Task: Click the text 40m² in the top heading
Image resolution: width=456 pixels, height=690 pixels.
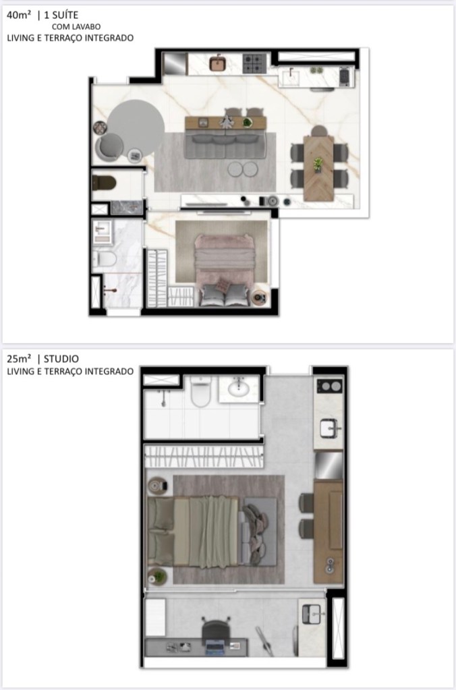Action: [x=19, y=15]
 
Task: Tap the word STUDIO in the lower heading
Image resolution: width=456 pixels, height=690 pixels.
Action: [x=61, y=359]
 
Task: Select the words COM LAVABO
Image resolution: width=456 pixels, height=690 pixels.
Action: [x=76, y=27]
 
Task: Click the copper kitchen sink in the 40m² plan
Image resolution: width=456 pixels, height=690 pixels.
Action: [x=217, y=63]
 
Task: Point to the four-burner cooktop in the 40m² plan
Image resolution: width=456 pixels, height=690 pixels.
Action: [x=255, y=63]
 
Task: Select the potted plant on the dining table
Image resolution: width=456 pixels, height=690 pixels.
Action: [x=318, y=165]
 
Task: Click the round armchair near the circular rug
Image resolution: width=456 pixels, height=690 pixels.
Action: [x=109, y=147]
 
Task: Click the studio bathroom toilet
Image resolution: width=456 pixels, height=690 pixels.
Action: [x=201, y=391]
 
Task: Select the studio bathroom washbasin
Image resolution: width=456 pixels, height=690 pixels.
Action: [x=239, y=388]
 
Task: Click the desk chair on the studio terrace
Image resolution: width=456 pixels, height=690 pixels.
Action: [x=217, y=630]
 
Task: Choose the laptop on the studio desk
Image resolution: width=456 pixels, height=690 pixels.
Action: [x=215, y=647]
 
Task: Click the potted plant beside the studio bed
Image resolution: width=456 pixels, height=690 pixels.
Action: [x=158, y=577]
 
